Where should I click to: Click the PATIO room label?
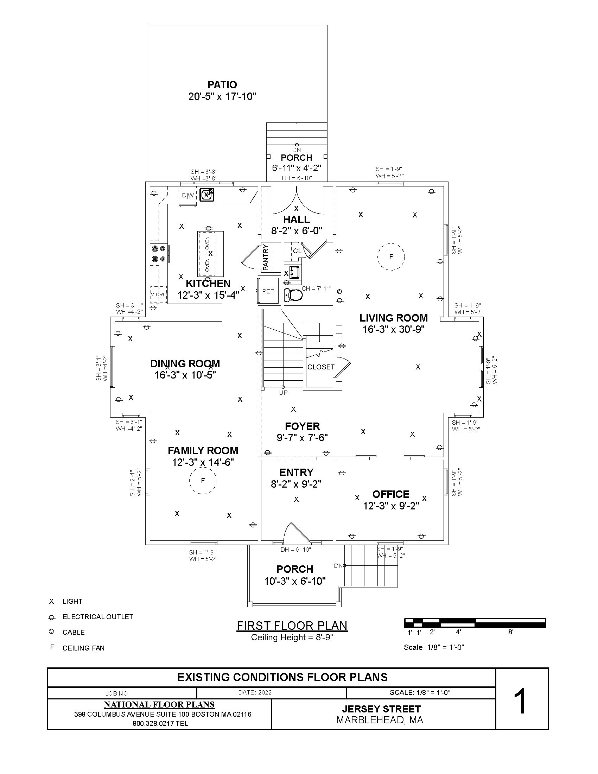222,85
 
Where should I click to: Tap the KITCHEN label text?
208,284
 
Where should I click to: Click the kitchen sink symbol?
207,195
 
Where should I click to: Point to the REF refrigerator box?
268,291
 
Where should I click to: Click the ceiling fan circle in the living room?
391,257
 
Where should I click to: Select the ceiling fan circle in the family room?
203,481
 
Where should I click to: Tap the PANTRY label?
266,258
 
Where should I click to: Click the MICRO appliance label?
158,294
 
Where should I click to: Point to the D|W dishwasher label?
188,195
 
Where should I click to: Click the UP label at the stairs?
284,393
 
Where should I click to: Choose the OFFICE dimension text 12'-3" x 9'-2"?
391,506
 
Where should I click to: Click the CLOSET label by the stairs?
321,367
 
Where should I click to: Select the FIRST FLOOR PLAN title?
292,626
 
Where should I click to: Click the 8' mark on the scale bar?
511,632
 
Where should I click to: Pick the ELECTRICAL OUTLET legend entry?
97,617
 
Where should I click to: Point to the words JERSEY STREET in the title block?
381,709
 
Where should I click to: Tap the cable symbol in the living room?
339,292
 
